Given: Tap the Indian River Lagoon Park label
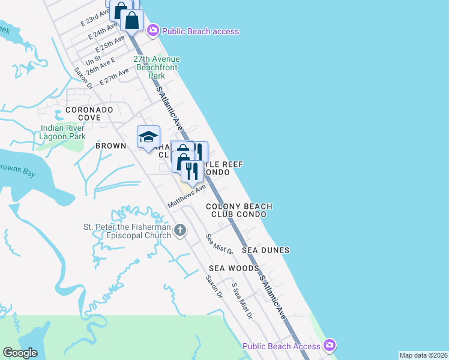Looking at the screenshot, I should point(64,132).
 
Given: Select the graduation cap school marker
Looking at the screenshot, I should point(148,137).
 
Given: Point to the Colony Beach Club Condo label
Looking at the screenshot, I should point(239,210).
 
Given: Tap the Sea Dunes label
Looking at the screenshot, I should point(265,250).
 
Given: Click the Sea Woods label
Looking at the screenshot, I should point(234,268).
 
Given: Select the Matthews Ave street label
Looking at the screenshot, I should point(187,197).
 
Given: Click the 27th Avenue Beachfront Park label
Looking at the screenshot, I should point(156,68).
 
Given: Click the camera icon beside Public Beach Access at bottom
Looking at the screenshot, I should point(329,346).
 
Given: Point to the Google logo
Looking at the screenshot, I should point(20,353).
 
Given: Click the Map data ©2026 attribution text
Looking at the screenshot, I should point(423,355).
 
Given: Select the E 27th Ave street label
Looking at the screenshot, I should point(115,77).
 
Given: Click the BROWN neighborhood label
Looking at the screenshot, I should point(111,146).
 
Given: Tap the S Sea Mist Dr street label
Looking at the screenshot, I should point(242,301).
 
